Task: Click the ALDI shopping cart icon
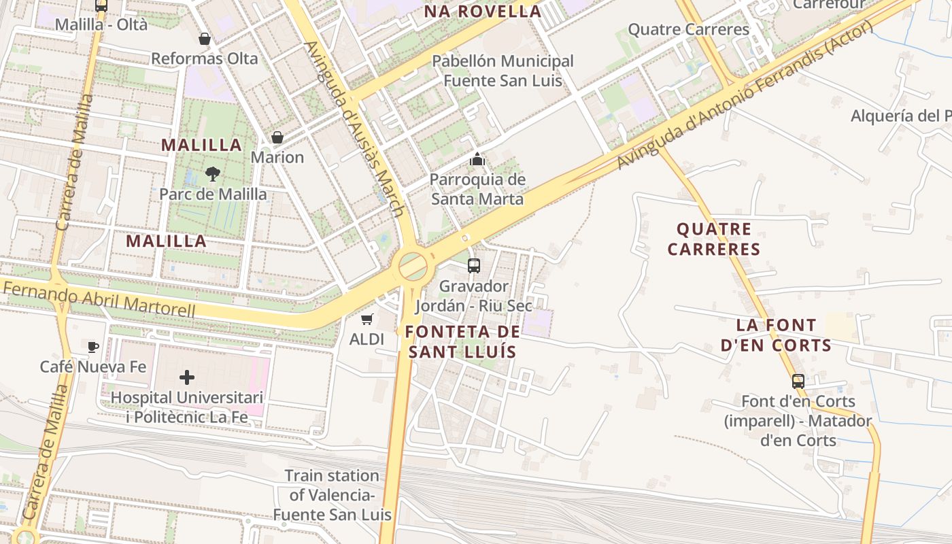[367, 319]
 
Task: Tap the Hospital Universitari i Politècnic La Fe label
[187, 407]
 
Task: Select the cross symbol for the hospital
[187, 377]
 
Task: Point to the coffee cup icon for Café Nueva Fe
[93, 347]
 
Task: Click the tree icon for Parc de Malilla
[213, 173]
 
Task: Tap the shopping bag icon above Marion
[277, 137]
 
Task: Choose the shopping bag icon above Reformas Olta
[204, 39]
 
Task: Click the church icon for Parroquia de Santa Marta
[477, 159]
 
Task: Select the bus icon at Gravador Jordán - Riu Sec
[474, 265]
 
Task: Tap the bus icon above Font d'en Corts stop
[798, 381]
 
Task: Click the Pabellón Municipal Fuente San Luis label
[503, 71]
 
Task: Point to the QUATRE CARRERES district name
[714, 239]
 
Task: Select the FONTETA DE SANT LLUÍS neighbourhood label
[462, 341]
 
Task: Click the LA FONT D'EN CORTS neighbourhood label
[777, 335]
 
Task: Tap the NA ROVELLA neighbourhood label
[483, 11]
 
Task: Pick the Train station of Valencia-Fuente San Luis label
[332, 494]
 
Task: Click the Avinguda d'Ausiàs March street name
[354, 129]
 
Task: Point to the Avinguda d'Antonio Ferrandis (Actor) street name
[745, 95]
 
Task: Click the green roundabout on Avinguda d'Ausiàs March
[413, 266]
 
